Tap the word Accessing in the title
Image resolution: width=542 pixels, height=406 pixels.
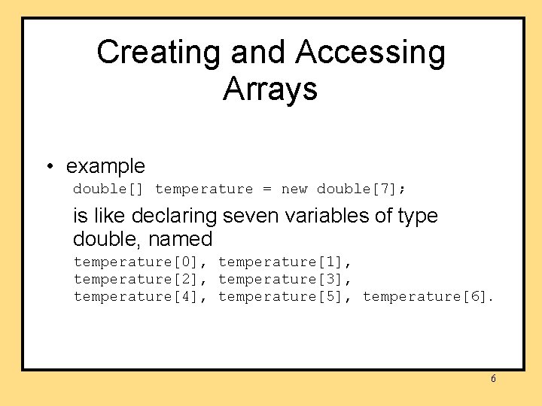click(370, 53)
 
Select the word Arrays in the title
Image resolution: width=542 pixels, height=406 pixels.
click(270, 89)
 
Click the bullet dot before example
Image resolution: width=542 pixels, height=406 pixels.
click(49, 166)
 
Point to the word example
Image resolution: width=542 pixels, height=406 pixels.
click(105, 166)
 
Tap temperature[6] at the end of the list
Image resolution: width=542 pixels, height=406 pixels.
click(425, 297)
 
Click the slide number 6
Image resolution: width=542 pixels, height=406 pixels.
click(493, 379)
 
